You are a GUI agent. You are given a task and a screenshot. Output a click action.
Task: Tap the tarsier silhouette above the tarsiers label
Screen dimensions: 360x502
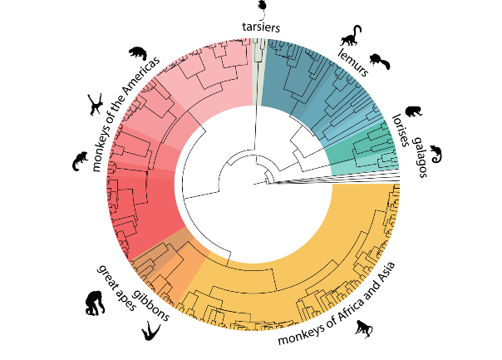tap(261, 8)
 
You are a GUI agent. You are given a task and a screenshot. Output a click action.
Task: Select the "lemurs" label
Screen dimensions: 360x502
tap(352, 59)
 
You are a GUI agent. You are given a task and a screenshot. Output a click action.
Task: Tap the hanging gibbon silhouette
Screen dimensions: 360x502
tap(150, 332)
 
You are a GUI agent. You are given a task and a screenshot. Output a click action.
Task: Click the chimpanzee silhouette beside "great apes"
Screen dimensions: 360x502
tap(94, 303)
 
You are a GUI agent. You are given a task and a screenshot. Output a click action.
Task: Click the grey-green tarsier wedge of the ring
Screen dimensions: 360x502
tap(258, 58)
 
